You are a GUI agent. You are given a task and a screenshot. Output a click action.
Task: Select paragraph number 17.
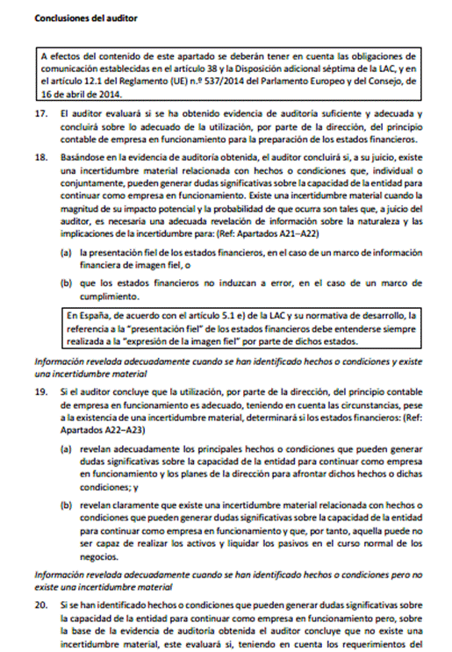click(40, 115)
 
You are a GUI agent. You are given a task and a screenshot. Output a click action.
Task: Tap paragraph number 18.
click(40, 155)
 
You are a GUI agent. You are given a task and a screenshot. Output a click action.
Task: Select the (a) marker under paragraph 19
click(66, 447)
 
